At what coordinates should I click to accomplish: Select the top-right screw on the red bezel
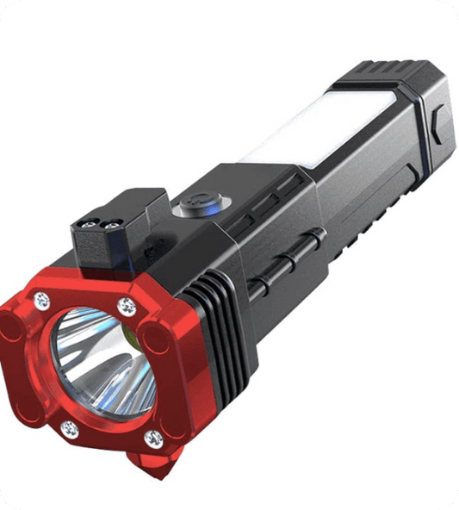pos(127,306)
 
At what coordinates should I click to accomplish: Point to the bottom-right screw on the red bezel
pos(153,439)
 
